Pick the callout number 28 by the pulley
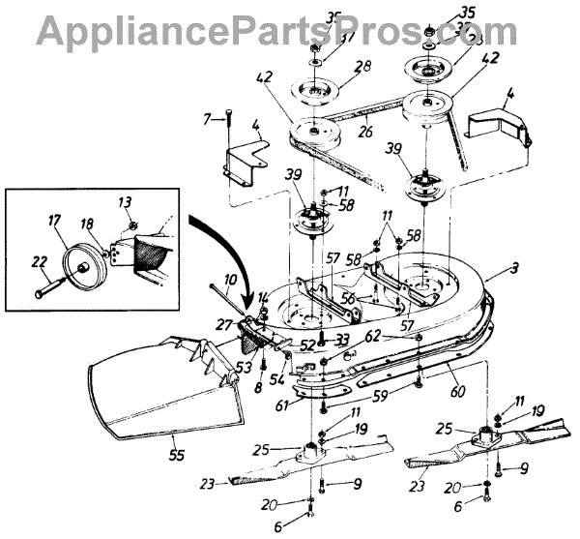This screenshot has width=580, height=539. click(x=335, y=68)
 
